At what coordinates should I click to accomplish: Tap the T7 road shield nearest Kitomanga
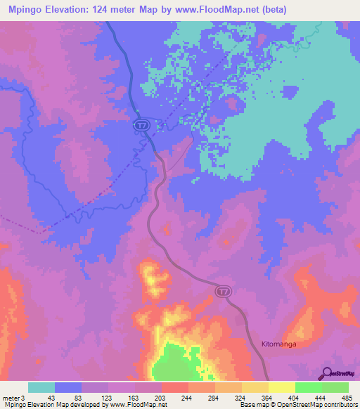point(222,291)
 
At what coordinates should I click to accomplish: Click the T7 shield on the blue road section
point(141,124)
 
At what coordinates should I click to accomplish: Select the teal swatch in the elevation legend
point(41,387)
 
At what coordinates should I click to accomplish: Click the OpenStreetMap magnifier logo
point(326,373)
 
